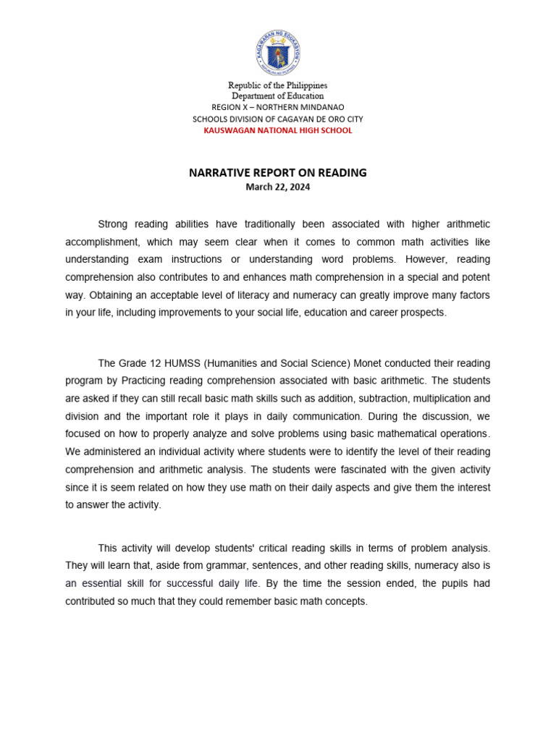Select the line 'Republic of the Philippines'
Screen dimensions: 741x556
278,85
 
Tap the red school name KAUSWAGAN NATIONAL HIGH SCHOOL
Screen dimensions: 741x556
278,131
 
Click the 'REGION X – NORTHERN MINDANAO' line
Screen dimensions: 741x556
278,108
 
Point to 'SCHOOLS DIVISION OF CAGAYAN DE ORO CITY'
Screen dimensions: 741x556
278,119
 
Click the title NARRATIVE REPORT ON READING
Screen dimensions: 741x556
278,173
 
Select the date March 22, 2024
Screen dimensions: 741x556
278,187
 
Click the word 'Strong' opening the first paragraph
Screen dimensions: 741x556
112,224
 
